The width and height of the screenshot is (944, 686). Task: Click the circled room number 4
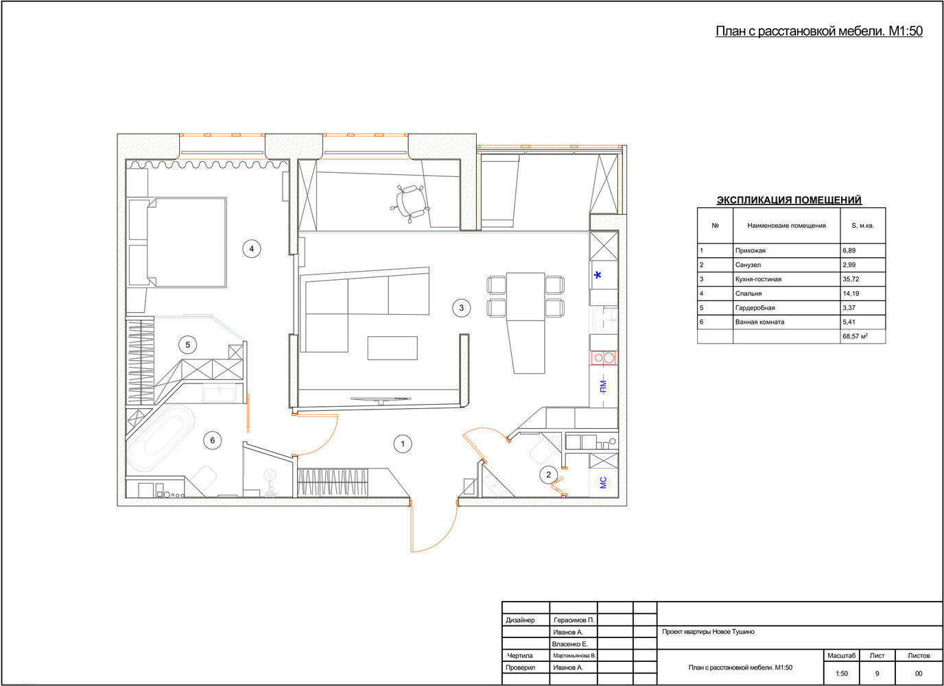click(252, 248)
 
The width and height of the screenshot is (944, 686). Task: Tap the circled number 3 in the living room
click(462, 307)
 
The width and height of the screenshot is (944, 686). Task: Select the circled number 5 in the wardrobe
click(187, 344)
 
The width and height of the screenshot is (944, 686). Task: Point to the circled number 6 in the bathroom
click(212, 440)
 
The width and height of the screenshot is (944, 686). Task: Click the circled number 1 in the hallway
click(403, 444)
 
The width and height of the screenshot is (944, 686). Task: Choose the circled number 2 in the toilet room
click(548, 475)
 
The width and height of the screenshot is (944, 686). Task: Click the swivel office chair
click(410, 202)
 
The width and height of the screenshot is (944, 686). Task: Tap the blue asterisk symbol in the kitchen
click(598, 275)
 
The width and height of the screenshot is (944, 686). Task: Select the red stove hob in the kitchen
click(604, 358)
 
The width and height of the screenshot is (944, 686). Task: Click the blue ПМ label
click(603, 386)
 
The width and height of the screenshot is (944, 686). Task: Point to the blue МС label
click(603, 482)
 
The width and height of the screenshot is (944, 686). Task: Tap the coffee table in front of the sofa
click(392, 348)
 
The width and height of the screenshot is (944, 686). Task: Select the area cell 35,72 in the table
click(851, 279)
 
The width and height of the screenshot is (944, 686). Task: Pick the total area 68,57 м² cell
click(855, 336)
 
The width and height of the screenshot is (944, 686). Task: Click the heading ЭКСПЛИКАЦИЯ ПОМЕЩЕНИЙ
click(789, 200)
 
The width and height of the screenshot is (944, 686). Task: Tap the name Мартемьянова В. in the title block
click(574, 655)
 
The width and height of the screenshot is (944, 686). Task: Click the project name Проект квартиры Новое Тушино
click(708, 632)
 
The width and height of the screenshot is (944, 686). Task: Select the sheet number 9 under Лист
click(877, 674)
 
